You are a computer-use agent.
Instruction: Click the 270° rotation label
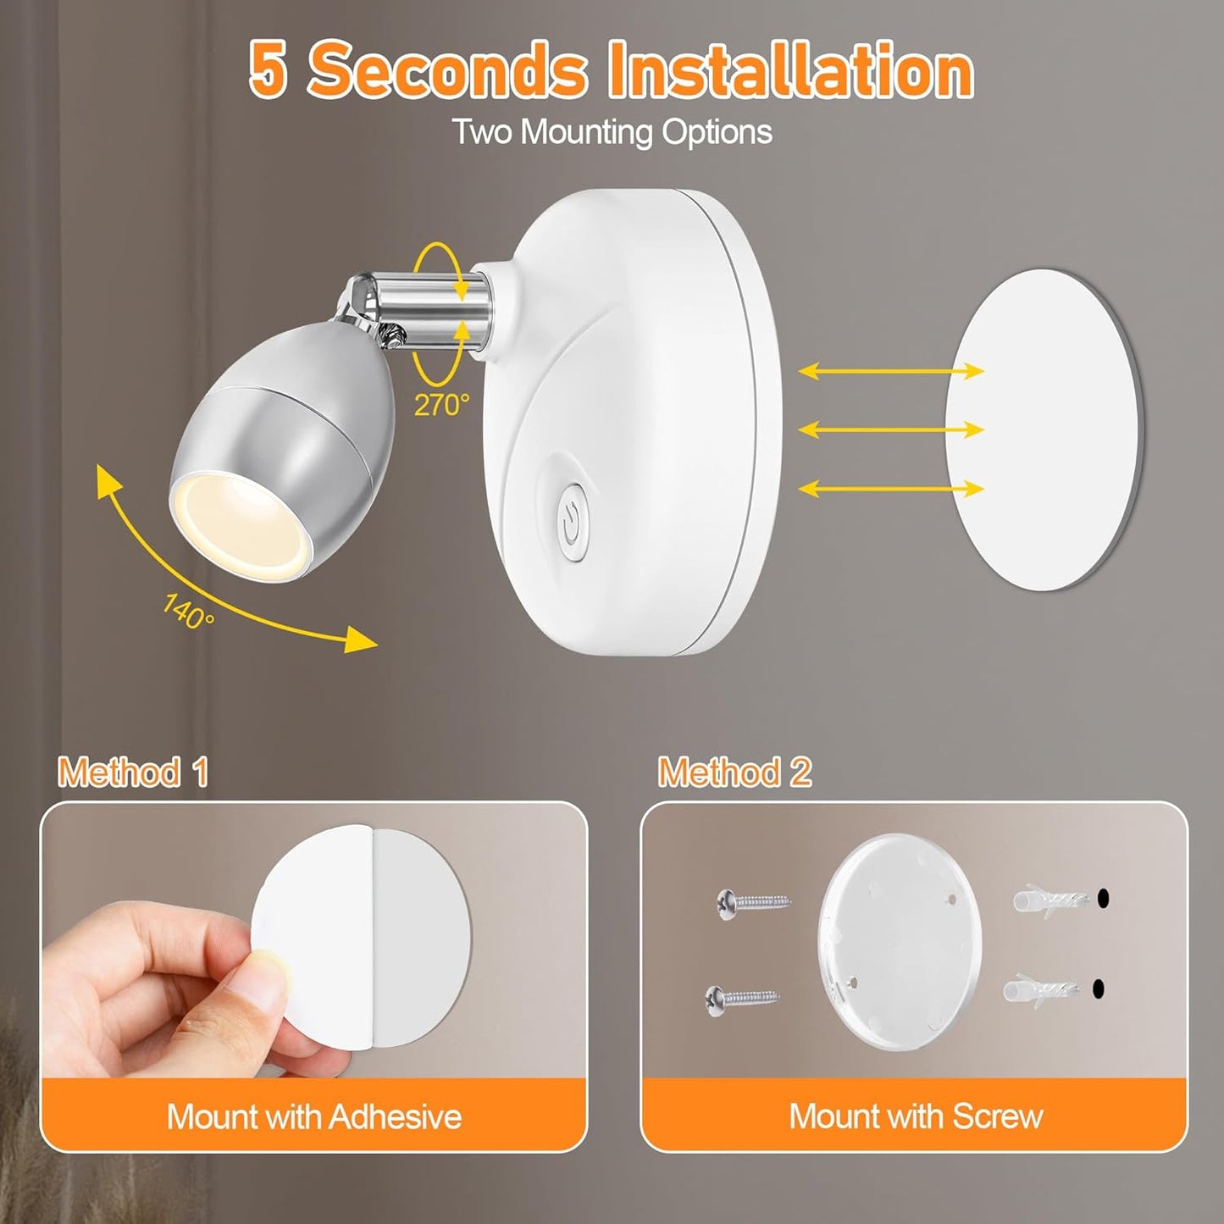tap(440, 405)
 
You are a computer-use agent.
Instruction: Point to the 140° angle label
tap(188, 611)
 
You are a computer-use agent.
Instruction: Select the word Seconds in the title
tap(447, 71)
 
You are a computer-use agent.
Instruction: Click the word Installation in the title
tap(791, 71)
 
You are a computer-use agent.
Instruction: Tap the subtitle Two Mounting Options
tap(612, 132)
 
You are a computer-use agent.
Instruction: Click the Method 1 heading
tap(133, 772)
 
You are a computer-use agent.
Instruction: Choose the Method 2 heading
tap(734, 772)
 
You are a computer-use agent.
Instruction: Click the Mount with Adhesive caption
tap(314, 1116)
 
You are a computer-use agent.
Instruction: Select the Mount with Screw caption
tap(916, 1116)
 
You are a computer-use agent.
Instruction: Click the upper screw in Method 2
tap(752, 900)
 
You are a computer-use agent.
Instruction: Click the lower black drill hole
tap(1099, 988)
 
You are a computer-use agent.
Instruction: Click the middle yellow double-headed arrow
tap(891, 429)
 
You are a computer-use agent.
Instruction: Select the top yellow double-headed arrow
tap(891, 370)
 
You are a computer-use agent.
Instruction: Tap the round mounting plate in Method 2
tap(900, 941)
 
